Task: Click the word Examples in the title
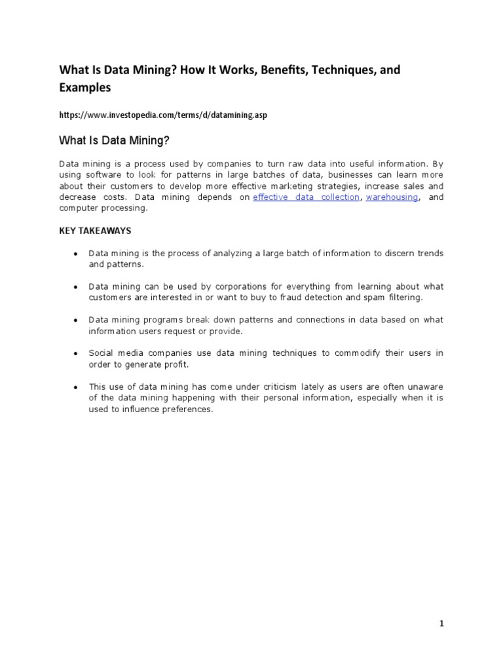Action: point(85,87)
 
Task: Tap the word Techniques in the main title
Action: point(340,69)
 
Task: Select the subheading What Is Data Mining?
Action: point(115,140)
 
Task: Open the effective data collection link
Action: point(306,197)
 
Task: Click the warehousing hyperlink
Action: point(392,197)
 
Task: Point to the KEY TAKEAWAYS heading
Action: point(95,231)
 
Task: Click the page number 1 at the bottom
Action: point(441,623)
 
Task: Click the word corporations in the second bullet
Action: point(218,287)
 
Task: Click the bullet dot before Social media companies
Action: point(76,354)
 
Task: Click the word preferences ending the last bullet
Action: point(189,410)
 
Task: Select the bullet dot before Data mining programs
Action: point(76,320)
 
